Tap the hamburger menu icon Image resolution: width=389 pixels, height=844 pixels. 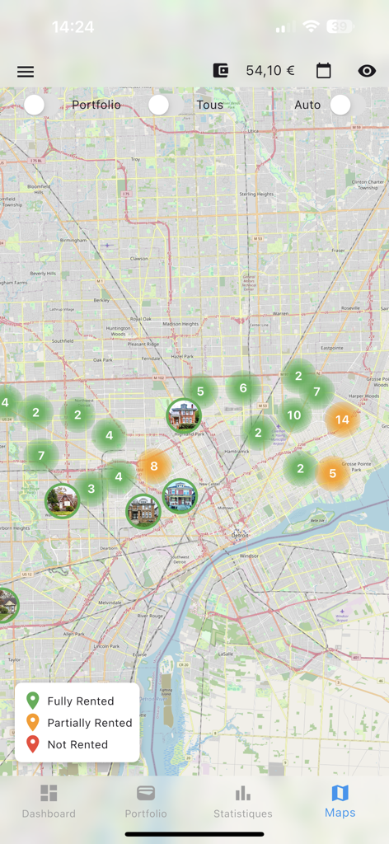[26, 72]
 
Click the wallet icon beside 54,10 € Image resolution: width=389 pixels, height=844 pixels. [220, 71]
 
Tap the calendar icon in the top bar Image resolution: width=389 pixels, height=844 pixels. [324, 71]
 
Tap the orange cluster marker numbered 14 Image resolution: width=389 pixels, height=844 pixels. [342, 420]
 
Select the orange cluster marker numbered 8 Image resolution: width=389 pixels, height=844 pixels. [153, 467]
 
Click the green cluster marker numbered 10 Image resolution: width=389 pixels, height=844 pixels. [294, 415]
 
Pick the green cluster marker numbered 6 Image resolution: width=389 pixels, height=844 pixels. [242, 388]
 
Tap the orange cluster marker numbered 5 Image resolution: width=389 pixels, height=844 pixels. [333, 474]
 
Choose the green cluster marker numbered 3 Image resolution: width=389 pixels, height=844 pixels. [91, 489]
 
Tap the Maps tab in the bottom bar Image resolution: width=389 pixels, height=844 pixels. [340, 800]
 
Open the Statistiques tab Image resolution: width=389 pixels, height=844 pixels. [242, 800]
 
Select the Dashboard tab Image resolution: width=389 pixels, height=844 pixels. [49, 800]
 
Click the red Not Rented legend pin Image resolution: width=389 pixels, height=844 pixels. [33, 744]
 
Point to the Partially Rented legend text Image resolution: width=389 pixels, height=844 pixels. [90, 723]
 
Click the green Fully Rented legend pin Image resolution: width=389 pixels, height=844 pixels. [33, 701]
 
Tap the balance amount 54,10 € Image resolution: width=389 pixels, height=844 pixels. [269, 71]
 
